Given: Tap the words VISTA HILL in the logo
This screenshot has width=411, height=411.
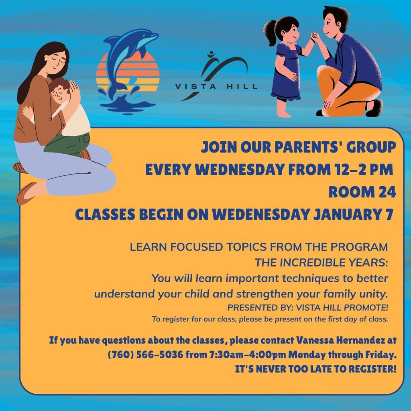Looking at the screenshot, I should tap(216, 86).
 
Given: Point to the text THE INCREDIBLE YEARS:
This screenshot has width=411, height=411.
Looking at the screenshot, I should tap(321, 262).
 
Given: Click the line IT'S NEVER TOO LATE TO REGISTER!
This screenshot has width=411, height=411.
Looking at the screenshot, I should tap(315, 369).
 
